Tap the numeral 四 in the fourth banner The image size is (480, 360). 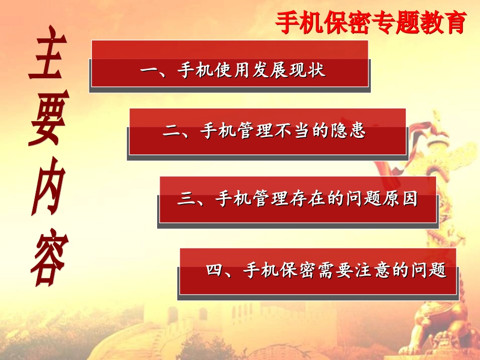(216, 270)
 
